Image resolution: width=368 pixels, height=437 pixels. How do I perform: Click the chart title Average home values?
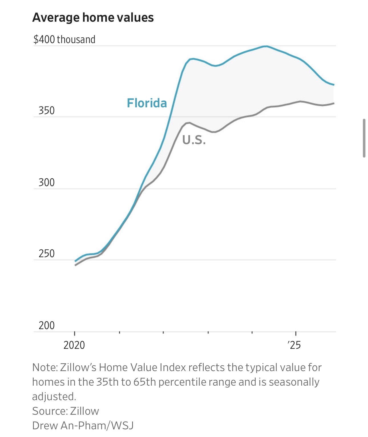(93, 17)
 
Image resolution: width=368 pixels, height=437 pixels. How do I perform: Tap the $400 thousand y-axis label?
(64, 39)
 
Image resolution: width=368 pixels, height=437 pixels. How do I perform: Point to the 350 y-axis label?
(46, 110)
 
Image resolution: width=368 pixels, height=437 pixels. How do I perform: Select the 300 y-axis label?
(46, 182)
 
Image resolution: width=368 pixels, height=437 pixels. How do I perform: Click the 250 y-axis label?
(46, 253)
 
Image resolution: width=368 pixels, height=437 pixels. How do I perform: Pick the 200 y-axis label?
(46, 325)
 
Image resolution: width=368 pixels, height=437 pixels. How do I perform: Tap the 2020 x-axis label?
(74, 345)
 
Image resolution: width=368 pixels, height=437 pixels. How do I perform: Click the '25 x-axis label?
(294, 345)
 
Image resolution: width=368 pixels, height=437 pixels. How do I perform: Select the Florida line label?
(147, 103)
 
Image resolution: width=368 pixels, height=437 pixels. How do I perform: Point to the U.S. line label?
(194, 140)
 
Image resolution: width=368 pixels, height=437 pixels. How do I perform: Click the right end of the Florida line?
(333, 84)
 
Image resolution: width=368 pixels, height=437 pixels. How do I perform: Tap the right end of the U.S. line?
(333, 103)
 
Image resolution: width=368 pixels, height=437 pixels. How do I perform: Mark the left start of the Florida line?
(75, 261)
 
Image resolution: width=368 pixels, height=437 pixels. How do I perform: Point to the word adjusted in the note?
(54, 396)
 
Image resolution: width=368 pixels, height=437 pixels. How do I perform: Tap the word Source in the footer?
(49, 411)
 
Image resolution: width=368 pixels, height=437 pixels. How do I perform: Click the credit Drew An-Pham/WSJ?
(83, 426)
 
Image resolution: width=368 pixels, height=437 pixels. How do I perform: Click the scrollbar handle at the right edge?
(364, 138)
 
